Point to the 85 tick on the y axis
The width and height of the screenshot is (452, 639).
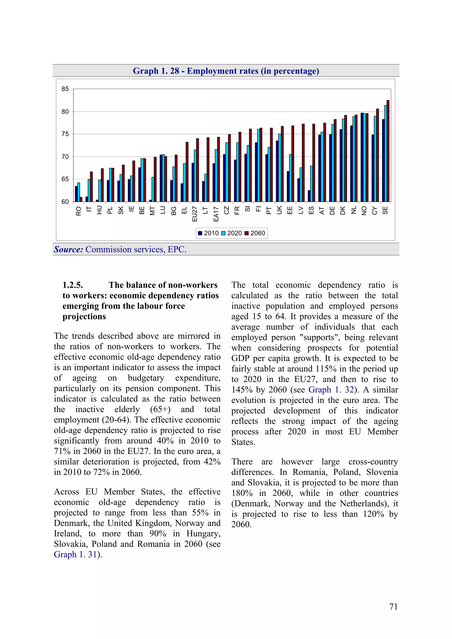coord(65,89)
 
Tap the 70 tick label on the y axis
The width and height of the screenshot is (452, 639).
coord(65,157)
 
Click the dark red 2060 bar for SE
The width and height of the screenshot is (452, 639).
coord(388,151)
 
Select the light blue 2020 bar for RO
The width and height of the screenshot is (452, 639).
coord(79,192)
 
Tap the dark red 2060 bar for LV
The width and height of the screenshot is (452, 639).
coord(303,163)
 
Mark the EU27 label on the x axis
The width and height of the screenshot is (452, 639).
coord(195,214)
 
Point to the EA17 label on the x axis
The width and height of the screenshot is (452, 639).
coord(216,214)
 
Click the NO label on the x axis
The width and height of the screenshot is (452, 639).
coord(364,211)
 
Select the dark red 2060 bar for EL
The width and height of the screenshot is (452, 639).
coord(187,172)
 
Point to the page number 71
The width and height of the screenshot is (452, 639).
coord(393,607)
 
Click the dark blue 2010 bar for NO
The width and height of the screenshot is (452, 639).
coord(362,157)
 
